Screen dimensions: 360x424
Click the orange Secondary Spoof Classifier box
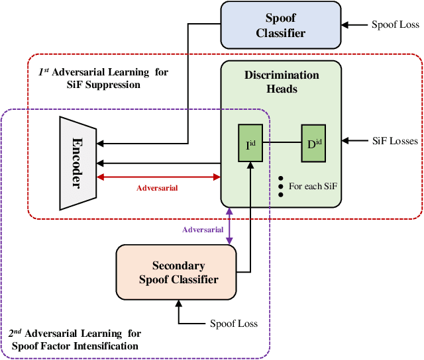178,272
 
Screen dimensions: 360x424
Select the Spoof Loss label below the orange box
234,324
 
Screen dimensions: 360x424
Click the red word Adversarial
158,188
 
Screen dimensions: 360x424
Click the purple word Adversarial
203,230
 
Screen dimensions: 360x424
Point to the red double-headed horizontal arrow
158,177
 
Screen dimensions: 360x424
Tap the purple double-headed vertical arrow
229,225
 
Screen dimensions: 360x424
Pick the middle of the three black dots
281,187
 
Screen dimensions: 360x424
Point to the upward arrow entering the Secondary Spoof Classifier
178,311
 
